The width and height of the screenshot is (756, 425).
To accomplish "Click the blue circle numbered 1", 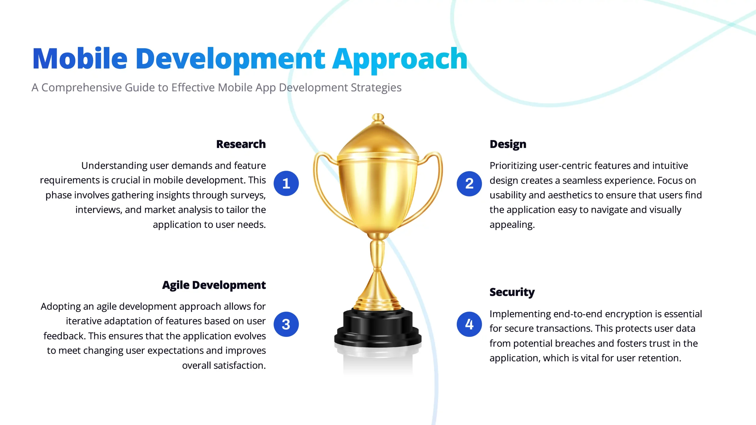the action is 286,183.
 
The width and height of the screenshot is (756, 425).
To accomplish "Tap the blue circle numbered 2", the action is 469,183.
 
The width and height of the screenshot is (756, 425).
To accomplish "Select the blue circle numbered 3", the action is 286,324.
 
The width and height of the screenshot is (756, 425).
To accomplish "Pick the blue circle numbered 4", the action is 469,324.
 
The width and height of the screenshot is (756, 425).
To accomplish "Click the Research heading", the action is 241,144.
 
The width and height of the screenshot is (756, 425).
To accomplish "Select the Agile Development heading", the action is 214,285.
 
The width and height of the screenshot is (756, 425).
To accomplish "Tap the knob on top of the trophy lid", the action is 378,117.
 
